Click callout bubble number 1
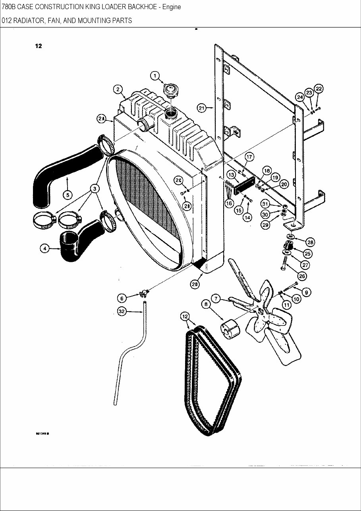pyautogui.click(x=154, y=75)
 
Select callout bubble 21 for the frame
pyautogui.click(x=202, y=108)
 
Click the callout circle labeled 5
pyautogui.click(x=67, y=195)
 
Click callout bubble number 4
pyautogui.click(x=45, y=249)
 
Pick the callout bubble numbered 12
pyautogui.click(x=185, y=316)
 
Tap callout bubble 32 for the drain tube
pyautogui.click(x=122, y=312)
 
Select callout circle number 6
pyautogui.click(x=122, y=298)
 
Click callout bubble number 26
pyautogui.click(x=302, y=276)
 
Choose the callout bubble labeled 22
pyautogui.click(x=319, y=89)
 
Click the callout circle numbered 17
pyautogui.click(x=249, y=157)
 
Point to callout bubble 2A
pyautogui.click(x=101, y=118)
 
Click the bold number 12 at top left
pyautogui.click(x=38, y=46)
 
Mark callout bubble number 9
pyautogui.click(x=306, y=292)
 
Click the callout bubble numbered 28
pyautogui.click(x=310, y=242)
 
